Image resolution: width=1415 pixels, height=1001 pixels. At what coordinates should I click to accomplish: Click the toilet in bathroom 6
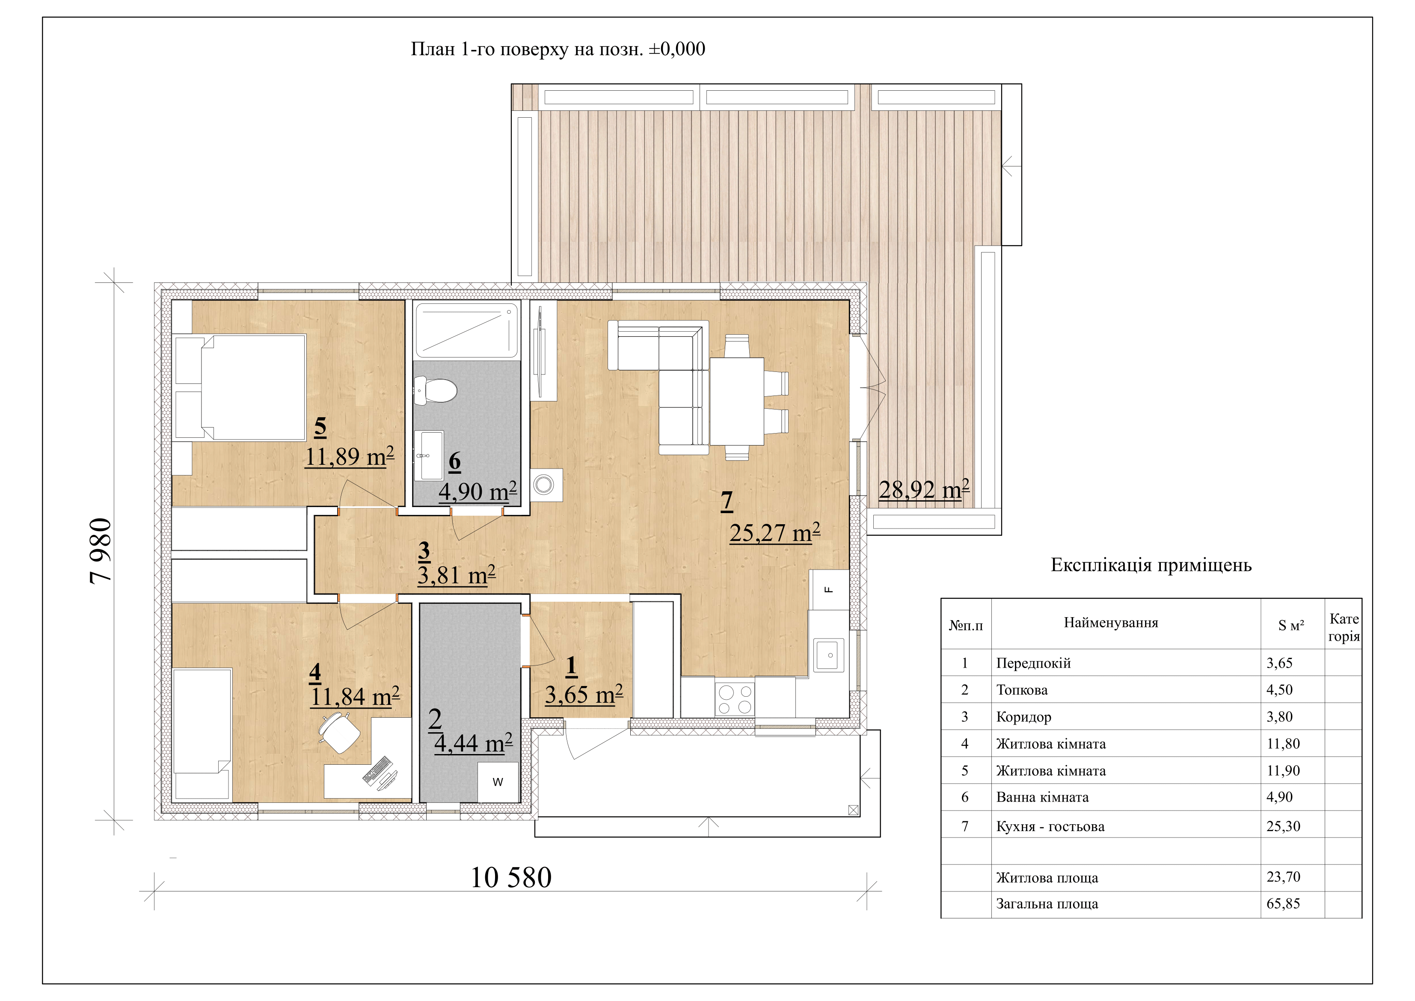point(435,391)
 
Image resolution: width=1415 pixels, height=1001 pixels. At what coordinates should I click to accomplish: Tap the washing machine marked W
point(498,782)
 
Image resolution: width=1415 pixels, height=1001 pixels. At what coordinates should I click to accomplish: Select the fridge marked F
point(829,590)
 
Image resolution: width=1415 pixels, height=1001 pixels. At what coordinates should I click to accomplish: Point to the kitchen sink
point(830,655)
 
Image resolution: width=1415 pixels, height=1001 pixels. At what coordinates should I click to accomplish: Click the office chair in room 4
point(338,732)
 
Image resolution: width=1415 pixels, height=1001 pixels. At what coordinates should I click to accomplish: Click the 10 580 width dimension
point(511,878)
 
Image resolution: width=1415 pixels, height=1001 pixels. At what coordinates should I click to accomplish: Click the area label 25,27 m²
point(774,532)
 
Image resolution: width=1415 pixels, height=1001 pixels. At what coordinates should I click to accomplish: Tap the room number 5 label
point(320,427)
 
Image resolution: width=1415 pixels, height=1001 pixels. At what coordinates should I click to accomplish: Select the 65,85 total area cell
point(1283,903)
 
